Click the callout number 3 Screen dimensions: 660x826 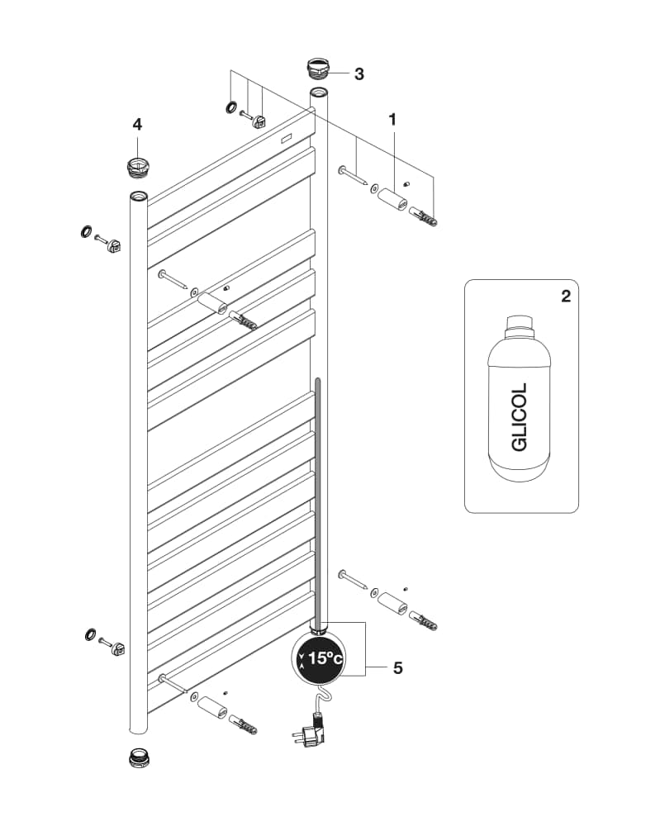(358, 74)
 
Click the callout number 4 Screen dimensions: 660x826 (137, 125)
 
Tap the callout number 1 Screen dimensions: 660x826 (392, 120)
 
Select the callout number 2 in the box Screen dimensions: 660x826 (566, 297)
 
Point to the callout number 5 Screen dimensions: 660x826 (397, 668)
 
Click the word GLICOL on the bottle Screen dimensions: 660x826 (520, 416)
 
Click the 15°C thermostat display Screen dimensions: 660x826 (319, 657)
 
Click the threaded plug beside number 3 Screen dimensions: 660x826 (318, 69)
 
